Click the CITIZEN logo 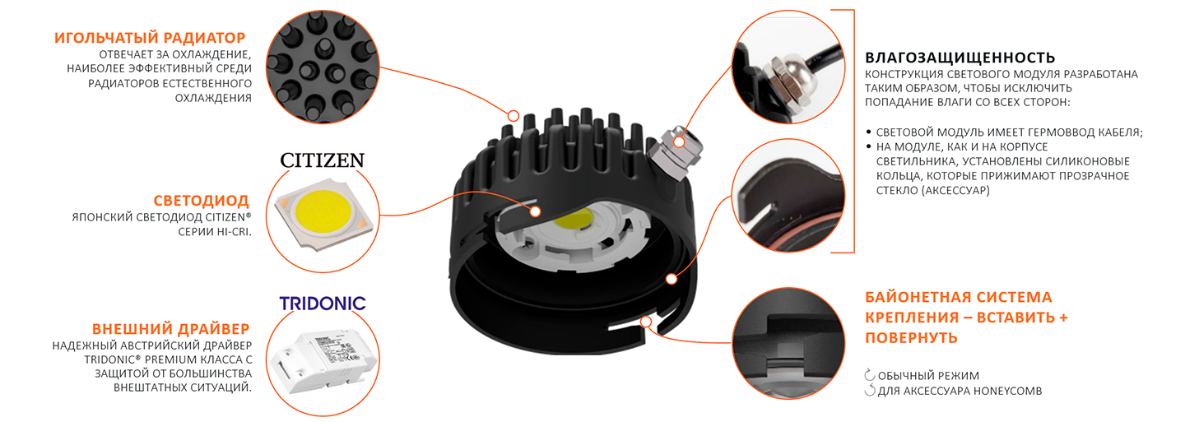[323, 160]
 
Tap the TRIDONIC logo [323, 304]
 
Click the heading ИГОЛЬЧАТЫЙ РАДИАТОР [150, 38]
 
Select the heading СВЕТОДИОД [201, 201]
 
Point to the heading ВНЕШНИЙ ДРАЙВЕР [171, 329]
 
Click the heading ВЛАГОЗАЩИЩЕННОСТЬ [960, 58]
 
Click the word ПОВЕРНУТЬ [912, 337]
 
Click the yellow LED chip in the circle [323, 214]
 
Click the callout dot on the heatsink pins [513, 115]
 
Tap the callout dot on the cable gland [679, 142]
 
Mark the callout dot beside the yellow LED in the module [536, 211]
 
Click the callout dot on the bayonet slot [646, 322]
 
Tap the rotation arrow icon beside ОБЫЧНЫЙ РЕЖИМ [870, 375]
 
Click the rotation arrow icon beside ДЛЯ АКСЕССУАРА [870, 390]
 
